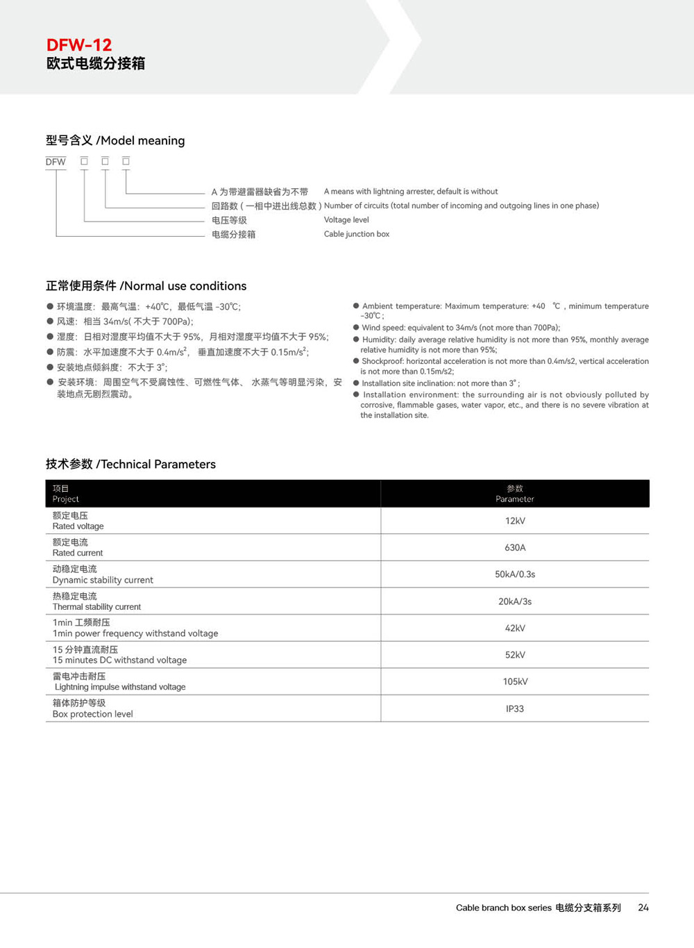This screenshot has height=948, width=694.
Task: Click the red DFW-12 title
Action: pyautogui.click(x=79, y=45)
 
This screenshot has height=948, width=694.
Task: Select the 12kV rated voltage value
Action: pyautogui.click(x=515, y=521)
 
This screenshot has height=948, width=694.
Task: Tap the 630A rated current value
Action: pyautogui.click(x=515, y=547)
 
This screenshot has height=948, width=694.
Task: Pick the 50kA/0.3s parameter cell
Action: pyautogui.click(x=515, y=574)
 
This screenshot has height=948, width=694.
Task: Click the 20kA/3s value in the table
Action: pyautogui.click(x=515, y=601)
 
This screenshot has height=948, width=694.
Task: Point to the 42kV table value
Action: pyautogui.click(x=515, y=628)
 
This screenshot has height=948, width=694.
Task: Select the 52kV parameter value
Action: pyautogui.click(x=515, y=655)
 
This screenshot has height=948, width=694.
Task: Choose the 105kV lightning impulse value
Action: pyautogui.click(x=515, y=681)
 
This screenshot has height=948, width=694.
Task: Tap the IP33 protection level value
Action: pyautogui.click(x=515, y=708)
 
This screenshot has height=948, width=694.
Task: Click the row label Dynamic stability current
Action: pyautogui.click(x=103, y=580)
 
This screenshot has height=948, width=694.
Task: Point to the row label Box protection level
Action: pyautogui.click(x=92, y=714)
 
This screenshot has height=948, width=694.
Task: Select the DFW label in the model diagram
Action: pyautogui.click(x=56, y=162)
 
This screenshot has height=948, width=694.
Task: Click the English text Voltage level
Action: pyautogui.click(x=346, y=219)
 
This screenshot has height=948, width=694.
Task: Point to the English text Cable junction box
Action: pyautogui.click(x=357, y=234)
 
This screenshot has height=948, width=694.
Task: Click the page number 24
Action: pyautogui.click(x=643, y=907)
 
